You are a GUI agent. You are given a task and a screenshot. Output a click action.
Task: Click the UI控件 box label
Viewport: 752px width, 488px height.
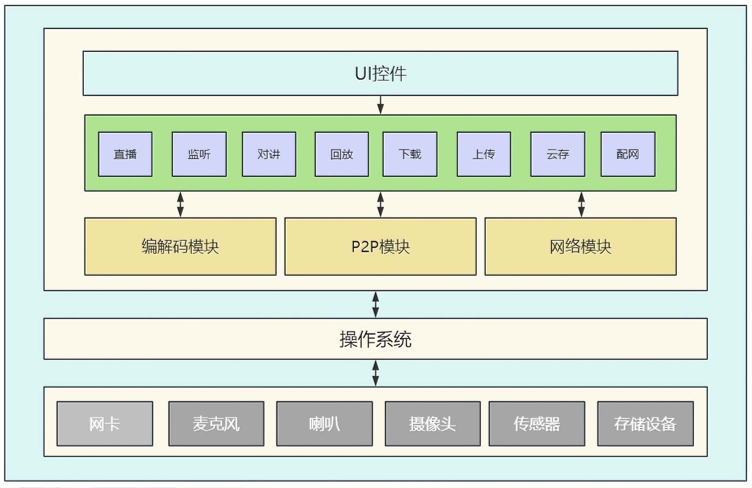tap(380, 74)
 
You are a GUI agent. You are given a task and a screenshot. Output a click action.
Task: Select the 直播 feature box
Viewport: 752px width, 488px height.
tap(125, 154)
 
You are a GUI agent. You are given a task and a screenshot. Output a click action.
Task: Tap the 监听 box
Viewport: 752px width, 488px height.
tap(199, 154)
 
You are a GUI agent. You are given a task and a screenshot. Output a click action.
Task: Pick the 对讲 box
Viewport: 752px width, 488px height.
tap(269, 154)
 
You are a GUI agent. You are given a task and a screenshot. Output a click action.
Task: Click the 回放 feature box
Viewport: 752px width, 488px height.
tap(342, 154)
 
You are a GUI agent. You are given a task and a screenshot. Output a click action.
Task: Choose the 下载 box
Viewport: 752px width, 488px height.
tap(410, 154)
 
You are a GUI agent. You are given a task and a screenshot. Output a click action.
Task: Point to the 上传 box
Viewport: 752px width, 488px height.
tap(484, 154)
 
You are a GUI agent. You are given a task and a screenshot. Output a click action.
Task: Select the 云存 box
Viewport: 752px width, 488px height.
tap(557, 154)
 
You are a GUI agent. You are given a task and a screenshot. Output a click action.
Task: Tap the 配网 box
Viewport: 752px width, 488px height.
tap(628, 154)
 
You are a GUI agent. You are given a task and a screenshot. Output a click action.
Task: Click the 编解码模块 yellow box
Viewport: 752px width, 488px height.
tap(180, 246)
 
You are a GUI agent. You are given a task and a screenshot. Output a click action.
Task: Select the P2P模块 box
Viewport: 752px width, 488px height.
tap(380, 246)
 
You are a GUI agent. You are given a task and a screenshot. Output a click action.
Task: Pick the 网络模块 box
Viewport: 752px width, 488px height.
tap(580, 246)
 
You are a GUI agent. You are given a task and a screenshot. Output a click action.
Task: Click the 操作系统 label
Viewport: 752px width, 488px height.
tap(375, 339)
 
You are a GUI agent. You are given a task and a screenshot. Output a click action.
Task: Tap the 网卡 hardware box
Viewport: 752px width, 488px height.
tap(105, 424)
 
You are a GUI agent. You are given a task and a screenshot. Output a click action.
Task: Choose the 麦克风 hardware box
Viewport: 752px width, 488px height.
tap(216, 424)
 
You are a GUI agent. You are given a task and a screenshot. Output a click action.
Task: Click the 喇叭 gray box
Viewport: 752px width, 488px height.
tap(325, 424)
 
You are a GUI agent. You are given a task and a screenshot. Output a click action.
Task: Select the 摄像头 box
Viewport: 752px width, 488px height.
tap(432, 424)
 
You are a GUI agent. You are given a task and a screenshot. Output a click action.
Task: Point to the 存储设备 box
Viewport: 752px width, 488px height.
tap(645, 424)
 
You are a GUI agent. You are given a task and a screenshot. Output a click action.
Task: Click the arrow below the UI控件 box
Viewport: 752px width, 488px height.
tap(380, 105)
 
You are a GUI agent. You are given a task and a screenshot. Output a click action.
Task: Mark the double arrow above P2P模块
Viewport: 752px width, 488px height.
tap(380, 204)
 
